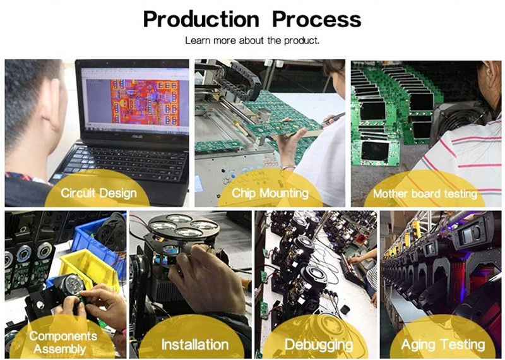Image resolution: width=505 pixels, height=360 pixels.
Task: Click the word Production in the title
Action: (201, 20)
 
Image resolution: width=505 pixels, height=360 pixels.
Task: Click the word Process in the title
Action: (317, 20)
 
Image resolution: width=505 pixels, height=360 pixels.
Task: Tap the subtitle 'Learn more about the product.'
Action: (252, 40)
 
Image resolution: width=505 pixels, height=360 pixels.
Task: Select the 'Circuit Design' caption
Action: (98, 193)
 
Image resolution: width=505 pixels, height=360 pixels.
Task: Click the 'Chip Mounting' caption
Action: (270, 193)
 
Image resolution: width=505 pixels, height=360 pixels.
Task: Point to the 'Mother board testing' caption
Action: (425, 193)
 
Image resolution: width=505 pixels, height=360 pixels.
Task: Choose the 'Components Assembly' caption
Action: (62, 342)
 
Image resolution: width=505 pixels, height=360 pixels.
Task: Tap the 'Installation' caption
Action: (195, 345)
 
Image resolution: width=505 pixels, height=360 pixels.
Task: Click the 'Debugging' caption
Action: (319, 345)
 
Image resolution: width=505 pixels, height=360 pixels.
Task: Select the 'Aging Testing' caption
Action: (443, 345)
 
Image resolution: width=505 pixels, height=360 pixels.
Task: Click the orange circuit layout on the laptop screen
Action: (145, 102)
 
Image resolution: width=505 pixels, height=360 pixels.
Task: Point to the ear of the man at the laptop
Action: (54, 102)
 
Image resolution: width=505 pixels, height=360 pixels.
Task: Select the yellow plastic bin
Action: (88, 268)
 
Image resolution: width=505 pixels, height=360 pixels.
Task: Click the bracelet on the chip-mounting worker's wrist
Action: (288, 167)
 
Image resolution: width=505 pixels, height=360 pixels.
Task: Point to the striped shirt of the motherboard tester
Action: (464, 161)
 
